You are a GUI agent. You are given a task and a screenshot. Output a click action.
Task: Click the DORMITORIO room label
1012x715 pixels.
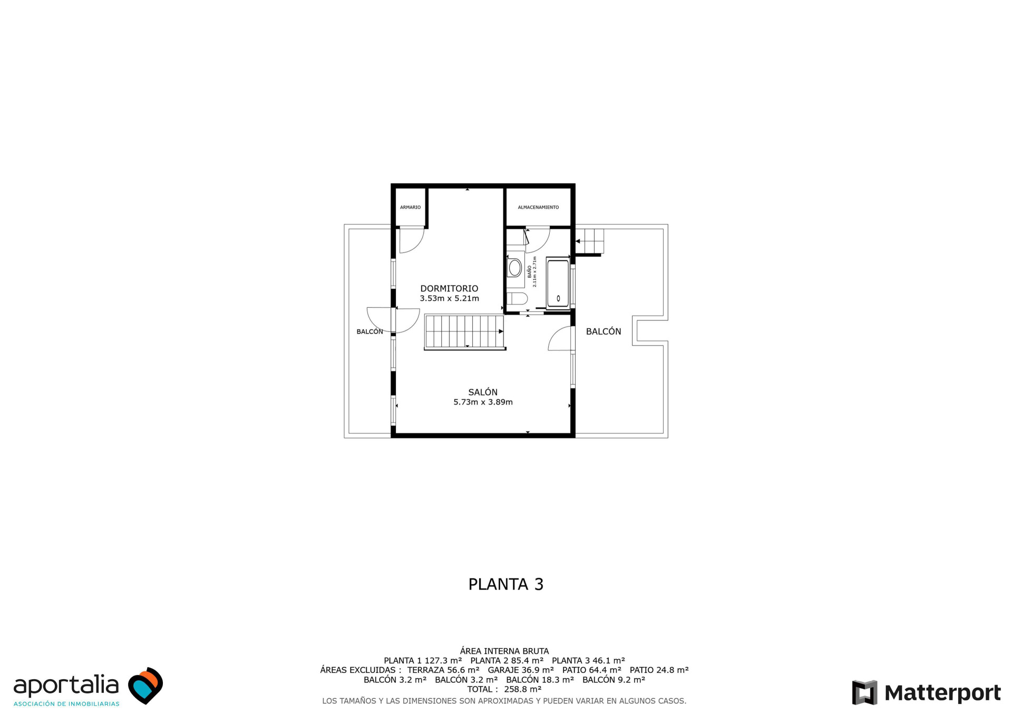(x=449, y=288)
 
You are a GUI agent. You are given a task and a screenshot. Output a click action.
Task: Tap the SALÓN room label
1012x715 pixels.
(x=483, y=392)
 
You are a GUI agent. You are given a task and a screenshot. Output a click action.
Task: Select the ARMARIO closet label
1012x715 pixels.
(x=410, y=208)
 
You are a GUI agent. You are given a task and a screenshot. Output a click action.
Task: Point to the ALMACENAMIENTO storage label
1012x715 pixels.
(x=538, y=208)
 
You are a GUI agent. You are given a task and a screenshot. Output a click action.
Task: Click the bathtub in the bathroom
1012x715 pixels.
(x=558, y=283)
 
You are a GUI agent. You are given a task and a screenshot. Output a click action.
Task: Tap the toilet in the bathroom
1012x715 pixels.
(x=518, y=299)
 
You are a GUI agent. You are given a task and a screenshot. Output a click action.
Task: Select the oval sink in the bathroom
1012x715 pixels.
(x=515, y=268)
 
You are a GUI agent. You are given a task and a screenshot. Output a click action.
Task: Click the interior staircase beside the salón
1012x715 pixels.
(x=464, y=332)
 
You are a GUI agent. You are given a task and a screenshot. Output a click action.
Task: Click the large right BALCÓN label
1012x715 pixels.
(x=604, y=331)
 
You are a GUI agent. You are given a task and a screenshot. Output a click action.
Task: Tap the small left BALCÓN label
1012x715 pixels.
(x=369, y=332)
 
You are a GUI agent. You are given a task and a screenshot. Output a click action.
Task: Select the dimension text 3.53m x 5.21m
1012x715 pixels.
(x=449, y=299)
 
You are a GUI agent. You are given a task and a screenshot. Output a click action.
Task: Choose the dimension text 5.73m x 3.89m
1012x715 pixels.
(x=483, y=402)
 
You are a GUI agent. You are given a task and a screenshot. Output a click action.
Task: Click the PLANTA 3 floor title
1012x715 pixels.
(x=505, y=584)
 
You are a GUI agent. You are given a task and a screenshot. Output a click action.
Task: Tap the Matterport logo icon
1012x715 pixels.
(x=864, y=692)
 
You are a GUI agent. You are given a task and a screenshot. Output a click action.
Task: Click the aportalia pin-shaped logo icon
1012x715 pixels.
(x=146, y=685)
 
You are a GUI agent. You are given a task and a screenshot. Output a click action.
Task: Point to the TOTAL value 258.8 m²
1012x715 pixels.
(x=522, y=689)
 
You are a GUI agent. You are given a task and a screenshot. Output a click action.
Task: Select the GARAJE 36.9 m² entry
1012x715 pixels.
(x=521, y=670)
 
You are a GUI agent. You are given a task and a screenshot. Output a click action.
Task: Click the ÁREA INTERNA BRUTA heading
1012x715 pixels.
(x=504, y=651)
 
